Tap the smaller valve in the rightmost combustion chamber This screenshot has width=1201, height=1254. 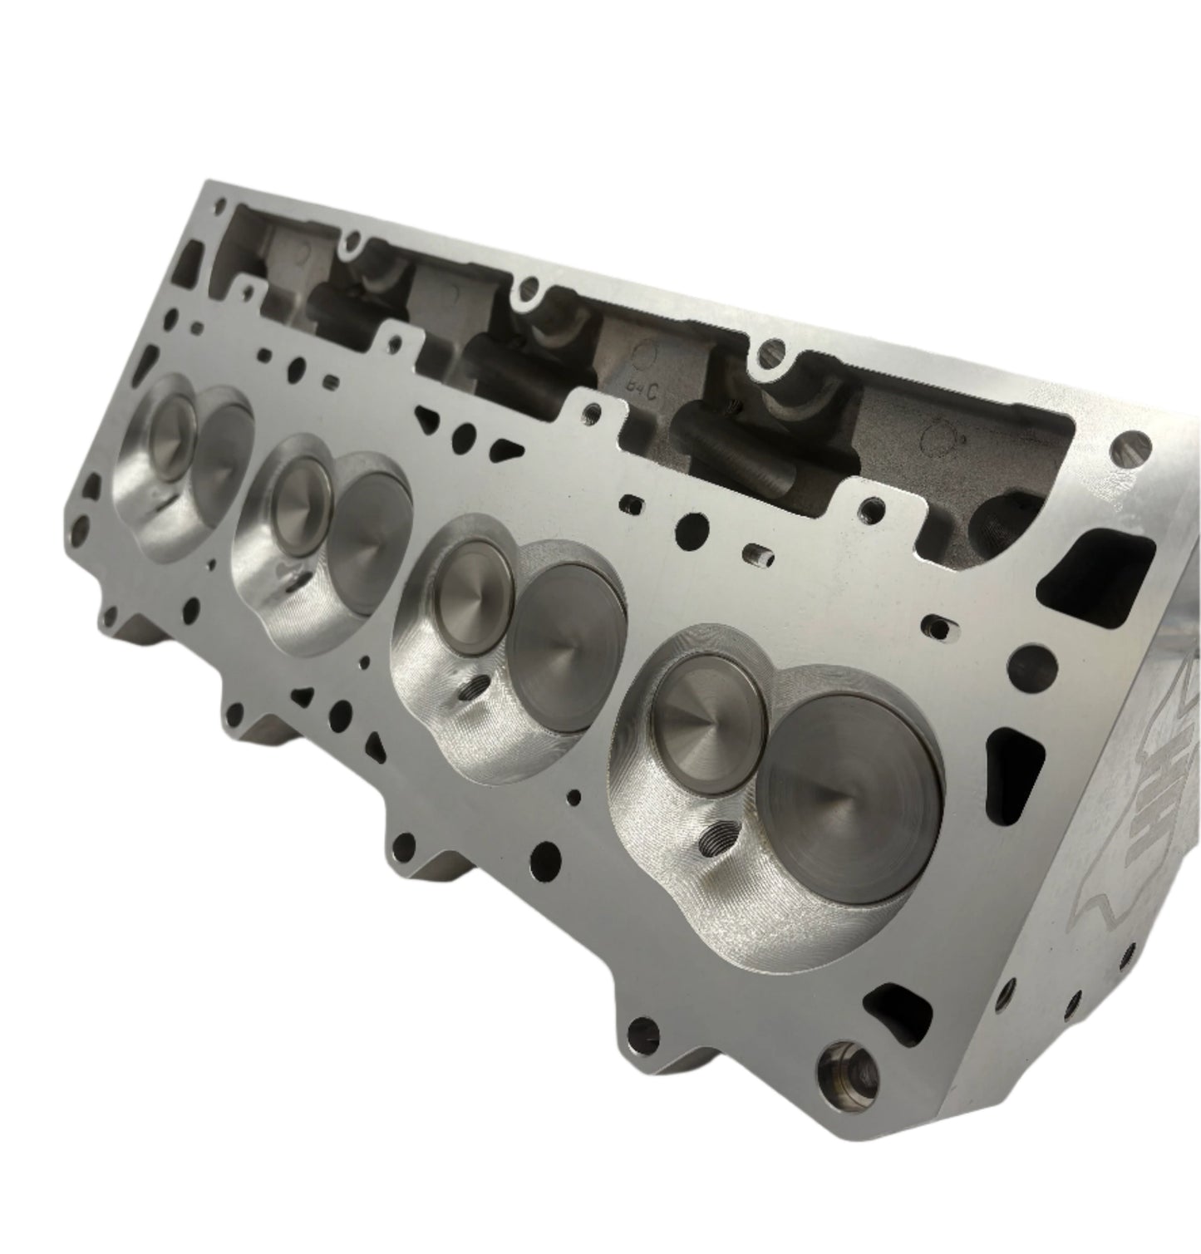click(711, 715)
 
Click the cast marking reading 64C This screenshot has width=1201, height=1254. click(642, 386)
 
